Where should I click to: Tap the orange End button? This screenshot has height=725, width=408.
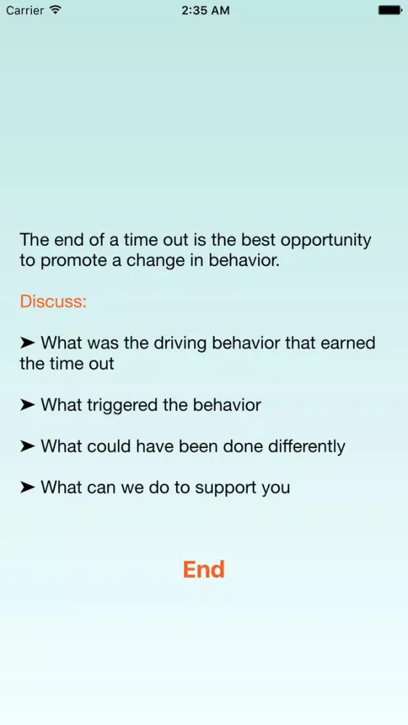click(204, 569)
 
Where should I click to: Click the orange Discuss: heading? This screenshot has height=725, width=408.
click(53, 302)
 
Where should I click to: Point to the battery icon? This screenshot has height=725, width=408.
click(390, 10)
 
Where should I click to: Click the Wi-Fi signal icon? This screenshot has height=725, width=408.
click(56, 9)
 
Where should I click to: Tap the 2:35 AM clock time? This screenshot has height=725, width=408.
click(205, 10)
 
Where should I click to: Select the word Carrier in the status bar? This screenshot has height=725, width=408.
click(25, 10)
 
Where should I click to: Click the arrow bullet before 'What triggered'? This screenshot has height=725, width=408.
click(28, 405)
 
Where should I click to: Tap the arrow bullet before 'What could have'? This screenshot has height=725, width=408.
click(28, 447)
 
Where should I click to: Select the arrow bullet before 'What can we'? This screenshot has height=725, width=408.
click(28, 487)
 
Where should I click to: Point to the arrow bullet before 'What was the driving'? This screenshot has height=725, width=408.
click(28, 343)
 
